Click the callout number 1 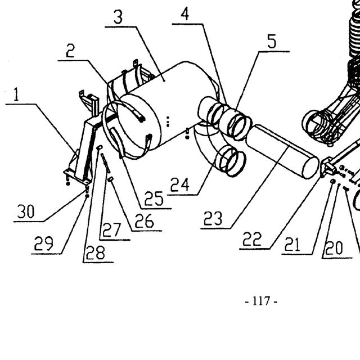pyautogui.click(x=16, y=94)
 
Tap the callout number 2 pyautogui.click(x=70, y=51)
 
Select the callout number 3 pyautogui.click(x=118, y=17)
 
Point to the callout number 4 pyautogui.click(x=185, y=13)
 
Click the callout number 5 pyautogui.click(x=272, y=41)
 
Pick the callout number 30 pyautogui.click(x=26, y=211)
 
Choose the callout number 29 pyautogui.click(x=44, y=244)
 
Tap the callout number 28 pyautogui.click(x=96, y=253)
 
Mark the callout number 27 pyautogui.click(x=112, y=230)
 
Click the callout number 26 pyautogui.click(x=144, y=221)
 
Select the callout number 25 pyautogui.click(x=154, y=199)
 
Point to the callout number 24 pyautogui.click(x=180, y=185)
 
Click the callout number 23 pyautogui.click(x=213, y=218)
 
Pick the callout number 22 pyautogui.click(x=252, y=238)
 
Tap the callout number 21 pyautogui.click(x=292, y=244)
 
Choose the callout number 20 pyautogui.click(x=334, y=248)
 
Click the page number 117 pyautogui.click(x=261, y=301)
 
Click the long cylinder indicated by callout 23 pyautogui.click(x=282, y=151)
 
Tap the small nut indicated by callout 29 pyautogui.click(x=87, y=196)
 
